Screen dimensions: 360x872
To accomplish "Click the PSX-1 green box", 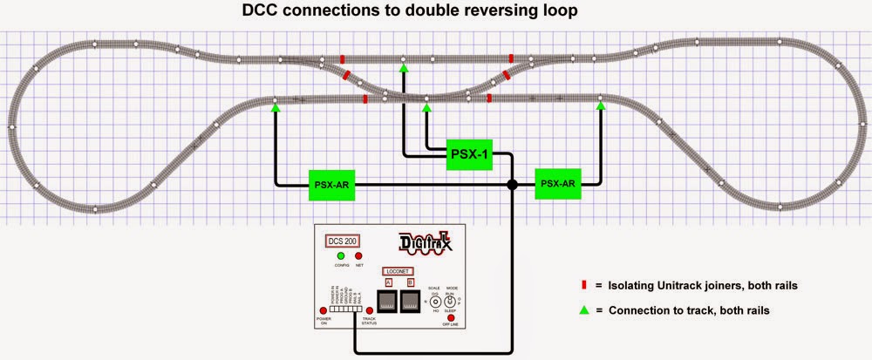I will click(x=470, y=154).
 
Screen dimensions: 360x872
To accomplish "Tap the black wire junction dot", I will click(x=513, y=185).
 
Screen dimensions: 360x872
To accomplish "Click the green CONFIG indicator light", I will click(x=342, y=257).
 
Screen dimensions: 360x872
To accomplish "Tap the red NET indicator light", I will click(x=358, y=257).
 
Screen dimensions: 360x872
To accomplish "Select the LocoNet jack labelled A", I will click(x=387, y=302).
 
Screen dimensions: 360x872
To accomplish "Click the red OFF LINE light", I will click(x=452, y=317).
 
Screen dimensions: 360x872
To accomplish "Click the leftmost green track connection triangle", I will click(x=276, y=107).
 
